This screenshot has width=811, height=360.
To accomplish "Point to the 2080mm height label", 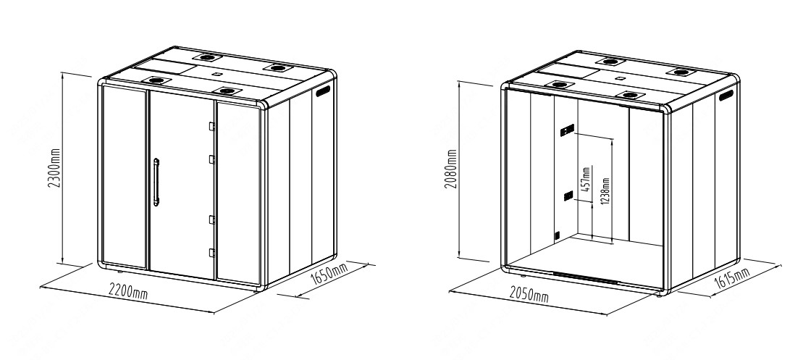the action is point(451,169).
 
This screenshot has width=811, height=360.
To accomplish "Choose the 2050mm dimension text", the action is point(529,294).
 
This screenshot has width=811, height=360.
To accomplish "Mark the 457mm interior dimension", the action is point(587,179).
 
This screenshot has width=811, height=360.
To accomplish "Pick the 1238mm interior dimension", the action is point(605,191).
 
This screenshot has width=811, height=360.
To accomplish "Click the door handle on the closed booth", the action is point(156,182).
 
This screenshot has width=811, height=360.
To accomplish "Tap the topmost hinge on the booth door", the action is point(211,126).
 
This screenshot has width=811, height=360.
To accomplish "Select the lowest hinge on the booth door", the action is point(211,253).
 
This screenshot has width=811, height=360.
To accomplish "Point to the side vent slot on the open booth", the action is point(726,95).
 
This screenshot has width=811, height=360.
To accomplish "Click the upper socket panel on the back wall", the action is point(568,130).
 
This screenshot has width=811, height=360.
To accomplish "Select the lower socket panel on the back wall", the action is point(568,196).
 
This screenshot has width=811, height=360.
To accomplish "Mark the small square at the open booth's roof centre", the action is point(619,79).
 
